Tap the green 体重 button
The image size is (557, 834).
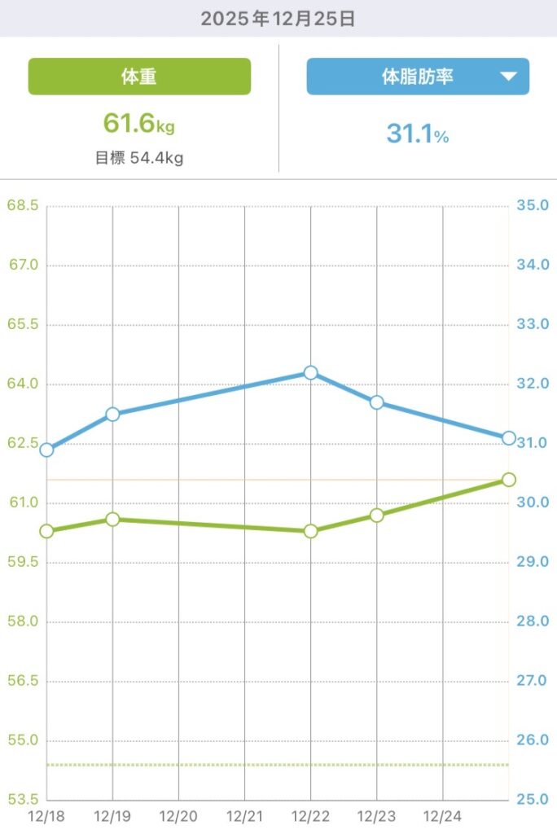(x=139, y=77)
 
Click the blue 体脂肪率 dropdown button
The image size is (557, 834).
(x=418, y=77)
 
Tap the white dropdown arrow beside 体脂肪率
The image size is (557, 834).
(x=508, y=77)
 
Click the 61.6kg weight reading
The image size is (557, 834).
(x=139, y=124)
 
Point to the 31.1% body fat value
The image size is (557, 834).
(x=418, y=134)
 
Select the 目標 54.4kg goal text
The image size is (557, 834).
(x=139, y=158)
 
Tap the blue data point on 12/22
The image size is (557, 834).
(x=310, y=373)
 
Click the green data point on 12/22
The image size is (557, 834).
(x=310, y=531)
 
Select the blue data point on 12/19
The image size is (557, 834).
(x=112, y=415)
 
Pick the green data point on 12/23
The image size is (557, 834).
(x=376, y=515)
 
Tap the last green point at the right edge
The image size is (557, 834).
(x=509, y=479)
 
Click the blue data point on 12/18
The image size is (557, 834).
(x=46, y=450)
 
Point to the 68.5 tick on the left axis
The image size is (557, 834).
(x=23, y=205)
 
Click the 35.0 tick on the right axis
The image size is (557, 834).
(x=533, y=205)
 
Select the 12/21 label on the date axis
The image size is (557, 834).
(x=244, y=814)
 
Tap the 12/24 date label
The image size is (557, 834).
(x=443, y=814)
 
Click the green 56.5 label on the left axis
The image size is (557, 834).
(x=23, y=681)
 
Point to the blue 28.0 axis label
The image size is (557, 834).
(x=533, y=621)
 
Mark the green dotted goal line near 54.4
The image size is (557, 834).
(x=277, y=765)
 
